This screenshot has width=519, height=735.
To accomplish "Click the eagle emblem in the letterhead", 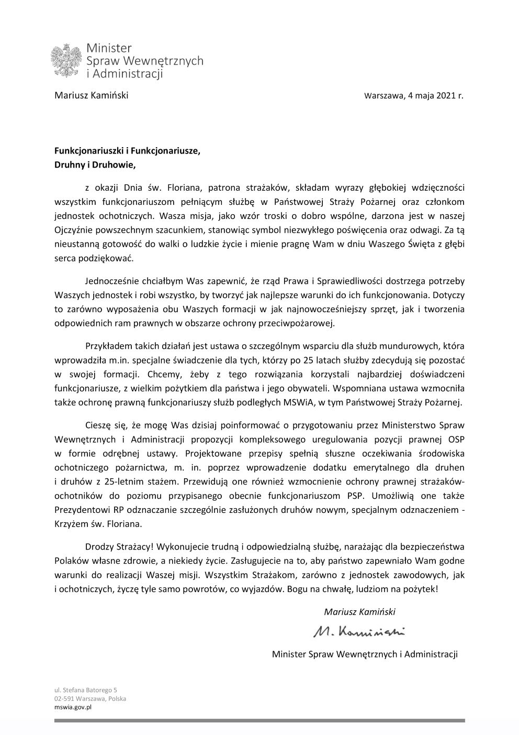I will pyautogui.click(x=67, y=61).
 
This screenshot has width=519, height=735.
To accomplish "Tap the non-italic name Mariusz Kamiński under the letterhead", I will pyautogui.click(x=91, y=95).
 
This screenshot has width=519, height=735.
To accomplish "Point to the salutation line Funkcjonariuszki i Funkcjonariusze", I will pyautogui.click(x=127, y=151).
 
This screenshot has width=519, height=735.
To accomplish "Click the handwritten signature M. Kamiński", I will pyautogui.click(x=359, y=632).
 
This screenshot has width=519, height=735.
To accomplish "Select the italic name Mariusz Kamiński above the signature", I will pyautogui.click(x=359, y=611).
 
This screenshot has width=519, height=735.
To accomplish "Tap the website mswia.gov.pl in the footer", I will pyautogui.click(x=73, y=707).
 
